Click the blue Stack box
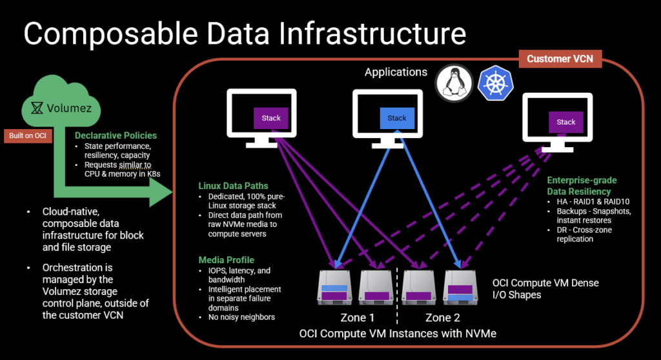pos(397,118)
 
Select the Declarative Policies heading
pos(116,135)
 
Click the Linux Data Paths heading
pos(234,186)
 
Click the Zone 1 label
pos(358,317)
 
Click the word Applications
pos(396,72)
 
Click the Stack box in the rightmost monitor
pos(566,122)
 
